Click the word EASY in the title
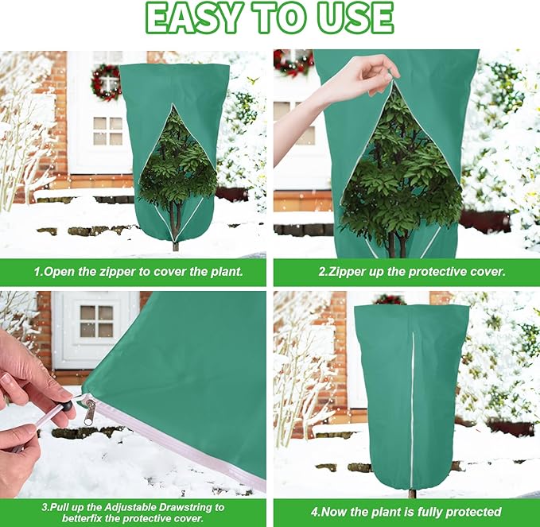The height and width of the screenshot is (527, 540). (192, 17)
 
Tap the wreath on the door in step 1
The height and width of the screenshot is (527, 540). (107, 83)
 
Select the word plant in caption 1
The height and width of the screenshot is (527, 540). (226, 272)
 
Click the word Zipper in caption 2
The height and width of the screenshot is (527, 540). (347, 272)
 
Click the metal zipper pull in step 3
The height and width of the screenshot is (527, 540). (89, 410)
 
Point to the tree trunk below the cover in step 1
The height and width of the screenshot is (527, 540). (176, 246)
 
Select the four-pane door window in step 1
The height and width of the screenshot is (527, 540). (107, 131)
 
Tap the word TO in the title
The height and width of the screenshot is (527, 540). (279, 17)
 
